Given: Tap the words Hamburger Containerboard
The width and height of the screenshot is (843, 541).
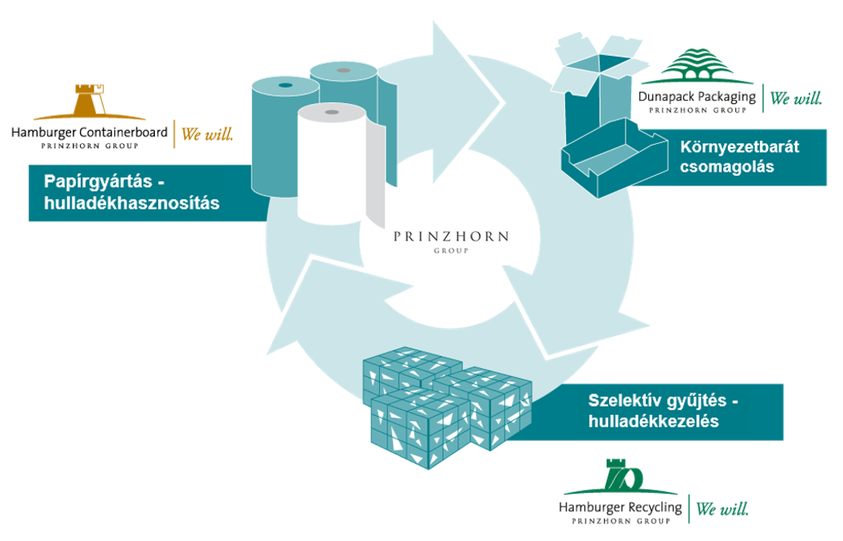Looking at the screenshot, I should click(89, 133).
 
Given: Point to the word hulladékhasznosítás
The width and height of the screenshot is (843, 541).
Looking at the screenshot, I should click(132, 203).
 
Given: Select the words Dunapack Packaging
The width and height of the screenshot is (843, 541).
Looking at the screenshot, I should click(696, 97).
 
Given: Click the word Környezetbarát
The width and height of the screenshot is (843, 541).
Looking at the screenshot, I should click(740, 147).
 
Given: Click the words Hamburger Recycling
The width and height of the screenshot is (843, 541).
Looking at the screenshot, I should click(620, 507).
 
